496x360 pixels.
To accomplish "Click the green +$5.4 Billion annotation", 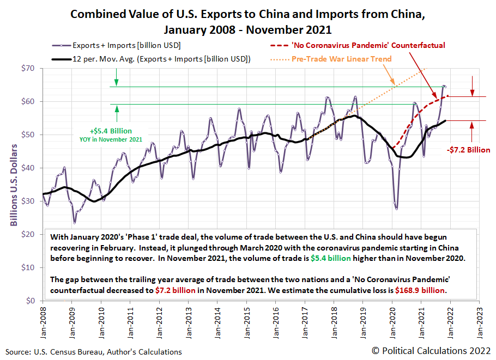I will pyautogui.click(x=111, y=131).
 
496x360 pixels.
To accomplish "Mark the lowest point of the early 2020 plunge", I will pyautogui.click(x=396, y=209).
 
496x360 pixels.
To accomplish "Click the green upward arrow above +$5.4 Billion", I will pyautogui.click(x=117, y=113).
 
